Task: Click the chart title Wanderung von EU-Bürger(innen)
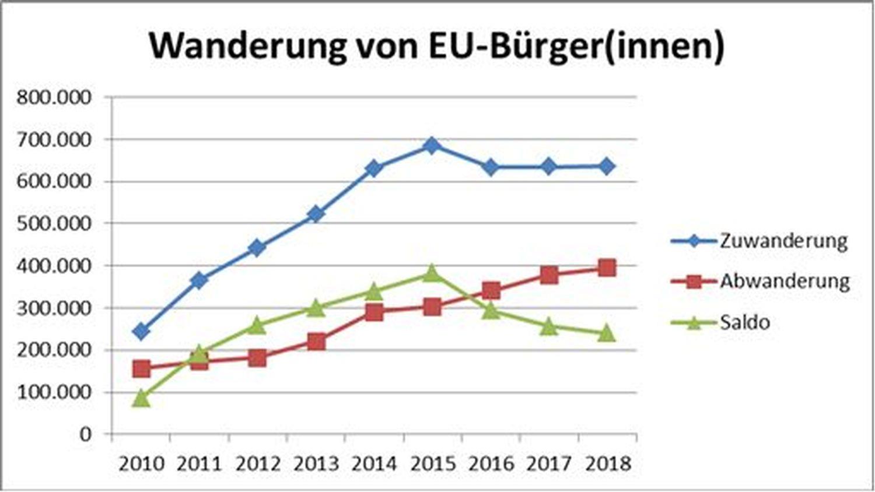436,45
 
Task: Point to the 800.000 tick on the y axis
54,97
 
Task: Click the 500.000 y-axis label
54,223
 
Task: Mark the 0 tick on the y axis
86,434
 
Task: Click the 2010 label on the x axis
141,464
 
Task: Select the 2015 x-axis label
432,464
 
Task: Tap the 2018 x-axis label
607,464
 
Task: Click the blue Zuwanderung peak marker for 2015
432,145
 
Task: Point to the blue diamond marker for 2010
141,332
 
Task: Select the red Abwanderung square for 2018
607,268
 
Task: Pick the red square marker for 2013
316,341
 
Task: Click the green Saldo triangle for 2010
141,398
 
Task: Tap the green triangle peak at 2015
432,273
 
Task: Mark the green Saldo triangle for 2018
607,333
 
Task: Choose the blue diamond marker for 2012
258,248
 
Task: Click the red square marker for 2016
491,290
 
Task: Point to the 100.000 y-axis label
54,392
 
